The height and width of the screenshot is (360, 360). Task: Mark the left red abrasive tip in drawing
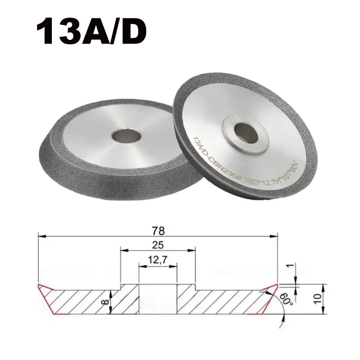[47, 297]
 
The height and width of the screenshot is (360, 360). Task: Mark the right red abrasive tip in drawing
[268, 297]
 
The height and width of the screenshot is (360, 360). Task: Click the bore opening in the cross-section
[158, 299]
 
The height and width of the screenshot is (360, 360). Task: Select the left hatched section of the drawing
[90, 301]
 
